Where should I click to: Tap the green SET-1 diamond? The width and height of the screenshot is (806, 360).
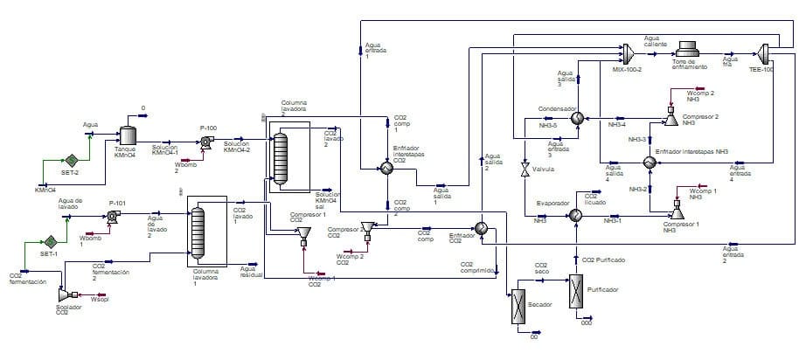(x=52, y=241)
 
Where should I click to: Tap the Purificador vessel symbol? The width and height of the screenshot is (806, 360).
(x=576, y=289)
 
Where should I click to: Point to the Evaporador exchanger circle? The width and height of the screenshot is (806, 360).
(x=576, y=214)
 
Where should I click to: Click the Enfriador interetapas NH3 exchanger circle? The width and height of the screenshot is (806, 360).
(x=650, y=163)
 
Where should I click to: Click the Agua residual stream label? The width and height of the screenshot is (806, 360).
(x=253, y=272)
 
